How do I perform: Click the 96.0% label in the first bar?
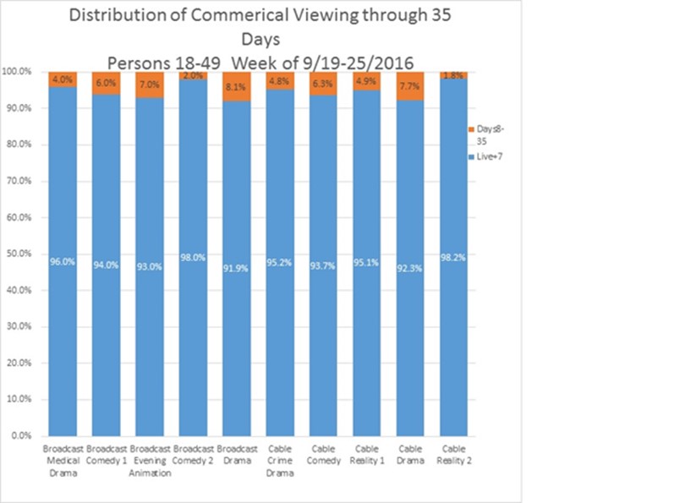point(63,262)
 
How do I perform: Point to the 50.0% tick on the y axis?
point(19,254)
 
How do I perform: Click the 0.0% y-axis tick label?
point(21,435)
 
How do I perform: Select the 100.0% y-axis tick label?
point(17,72)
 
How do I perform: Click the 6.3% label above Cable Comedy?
point(325,83)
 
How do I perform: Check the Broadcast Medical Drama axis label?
point(63,458)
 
